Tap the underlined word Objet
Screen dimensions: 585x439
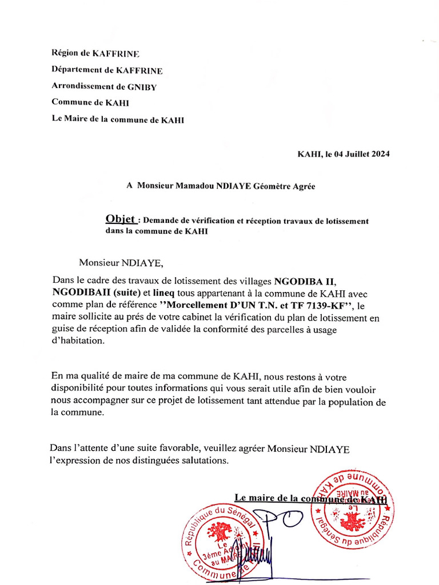pyautogui.click(x=121, y=219)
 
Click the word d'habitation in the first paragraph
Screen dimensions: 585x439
pyautogui.click(x=78, y=341)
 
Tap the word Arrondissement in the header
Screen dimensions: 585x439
pyautogui.click(x=83, y=87)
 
